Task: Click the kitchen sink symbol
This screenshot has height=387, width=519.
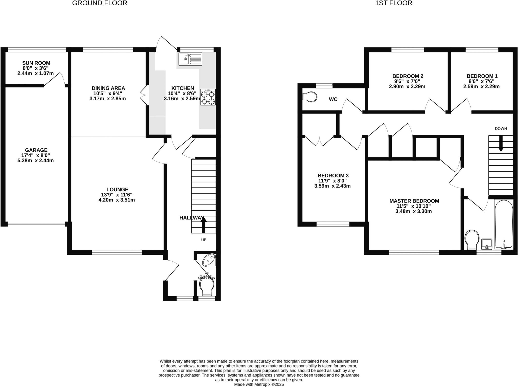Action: pos(190,59)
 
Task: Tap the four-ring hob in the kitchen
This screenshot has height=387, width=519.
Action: pos(208,97)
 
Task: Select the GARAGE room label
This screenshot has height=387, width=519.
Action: pos(36,150)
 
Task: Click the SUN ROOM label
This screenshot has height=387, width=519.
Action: pos(36,63)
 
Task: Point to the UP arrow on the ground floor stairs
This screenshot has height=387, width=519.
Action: pos(203,225)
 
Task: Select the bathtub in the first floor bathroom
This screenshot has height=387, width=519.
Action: pos(504,224)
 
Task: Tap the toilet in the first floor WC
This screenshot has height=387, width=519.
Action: pos(310,97)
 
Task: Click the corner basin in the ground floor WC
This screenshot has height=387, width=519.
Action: pos(210,260)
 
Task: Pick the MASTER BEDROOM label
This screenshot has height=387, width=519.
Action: pos(414,201)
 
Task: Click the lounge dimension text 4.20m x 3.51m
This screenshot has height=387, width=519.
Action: pos(117,200)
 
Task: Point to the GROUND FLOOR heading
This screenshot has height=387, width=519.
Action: pos(100,3)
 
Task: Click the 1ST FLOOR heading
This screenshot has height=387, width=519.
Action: pos(394,3)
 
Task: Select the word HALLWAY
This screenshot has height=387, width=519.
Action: pos(191,218)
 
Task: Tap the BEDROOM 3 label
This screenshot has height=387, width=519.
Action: pos(333,176)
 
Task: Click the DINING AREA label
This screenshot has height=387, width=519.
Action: pos(108,88)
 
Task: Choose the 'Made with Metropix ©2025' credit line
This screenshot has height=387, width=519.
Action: pos(259,384)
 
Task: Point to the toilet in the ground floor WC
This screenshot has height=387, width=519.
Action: pos(207,288)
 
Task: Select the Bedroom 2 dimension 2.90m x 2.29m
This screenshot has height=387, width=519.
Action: pos(407,86)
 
